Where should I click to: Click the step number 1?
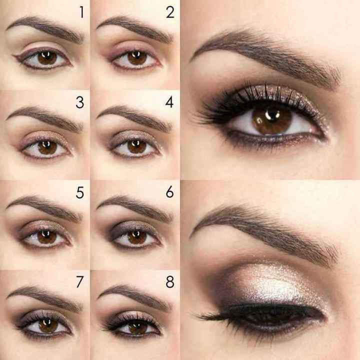coord(80,12)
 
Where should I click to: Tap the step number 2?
coord(170,12)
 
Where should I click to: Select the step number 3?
coord(80,103)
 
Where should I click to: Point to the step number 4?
coord(170,103)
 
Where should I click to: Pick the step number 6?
coord(170,191)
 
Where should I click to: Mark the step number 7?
coord(80,282)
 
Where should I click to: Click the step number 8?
coord(170,282)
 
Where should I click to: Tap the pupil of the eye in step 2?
coord(137,57)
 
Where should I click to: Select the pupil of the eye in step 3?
coord(47,147)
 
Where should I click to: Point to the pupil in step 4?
coord(137,146)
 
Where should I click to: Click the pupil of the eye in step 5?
coord(47,236)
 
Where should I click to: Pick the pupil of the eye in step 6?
coord(137,236)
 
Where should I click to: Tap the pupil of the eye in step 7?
coord(48,325)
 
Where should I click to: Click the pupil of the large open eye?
coord(271,120)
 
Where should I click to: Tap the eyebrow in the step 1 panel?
coord(45,25)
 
